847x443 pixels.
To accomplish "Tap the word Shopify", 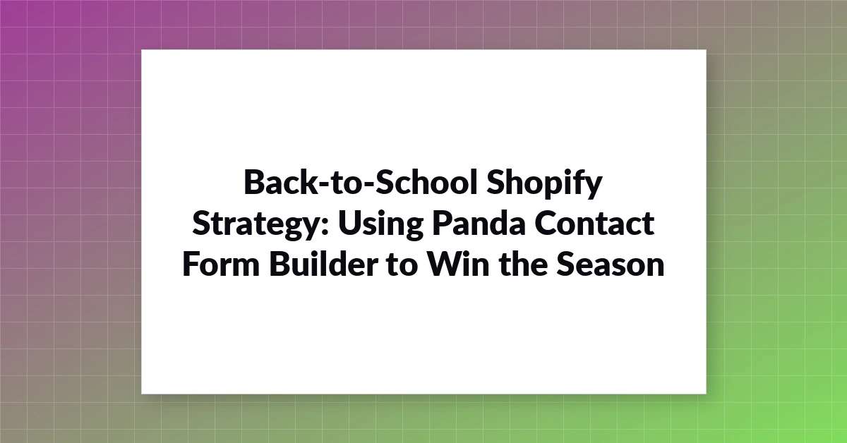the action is coord(544,184).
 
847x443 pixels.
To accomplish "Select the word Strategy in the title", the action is coord(257,226).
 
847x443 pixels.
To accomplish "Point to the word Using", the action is coord(380,226).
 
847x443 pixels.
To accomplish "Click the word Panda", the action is coord(479,223).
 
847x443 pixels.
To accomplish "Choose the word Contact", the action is coord(594,224).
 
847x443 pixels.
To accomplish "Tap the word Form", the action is coord(221,265).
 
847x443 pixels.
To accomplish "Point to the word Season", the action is coord(611,265).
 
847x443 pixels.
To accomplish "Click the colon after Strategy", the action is coord(325,228).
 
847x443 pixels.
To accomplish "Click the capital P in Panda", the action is coord(442,224).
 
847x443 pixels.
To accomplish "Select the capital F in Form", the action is coord(191,265).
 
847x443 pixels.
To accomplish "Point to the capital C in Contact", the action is coord(546,224).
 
